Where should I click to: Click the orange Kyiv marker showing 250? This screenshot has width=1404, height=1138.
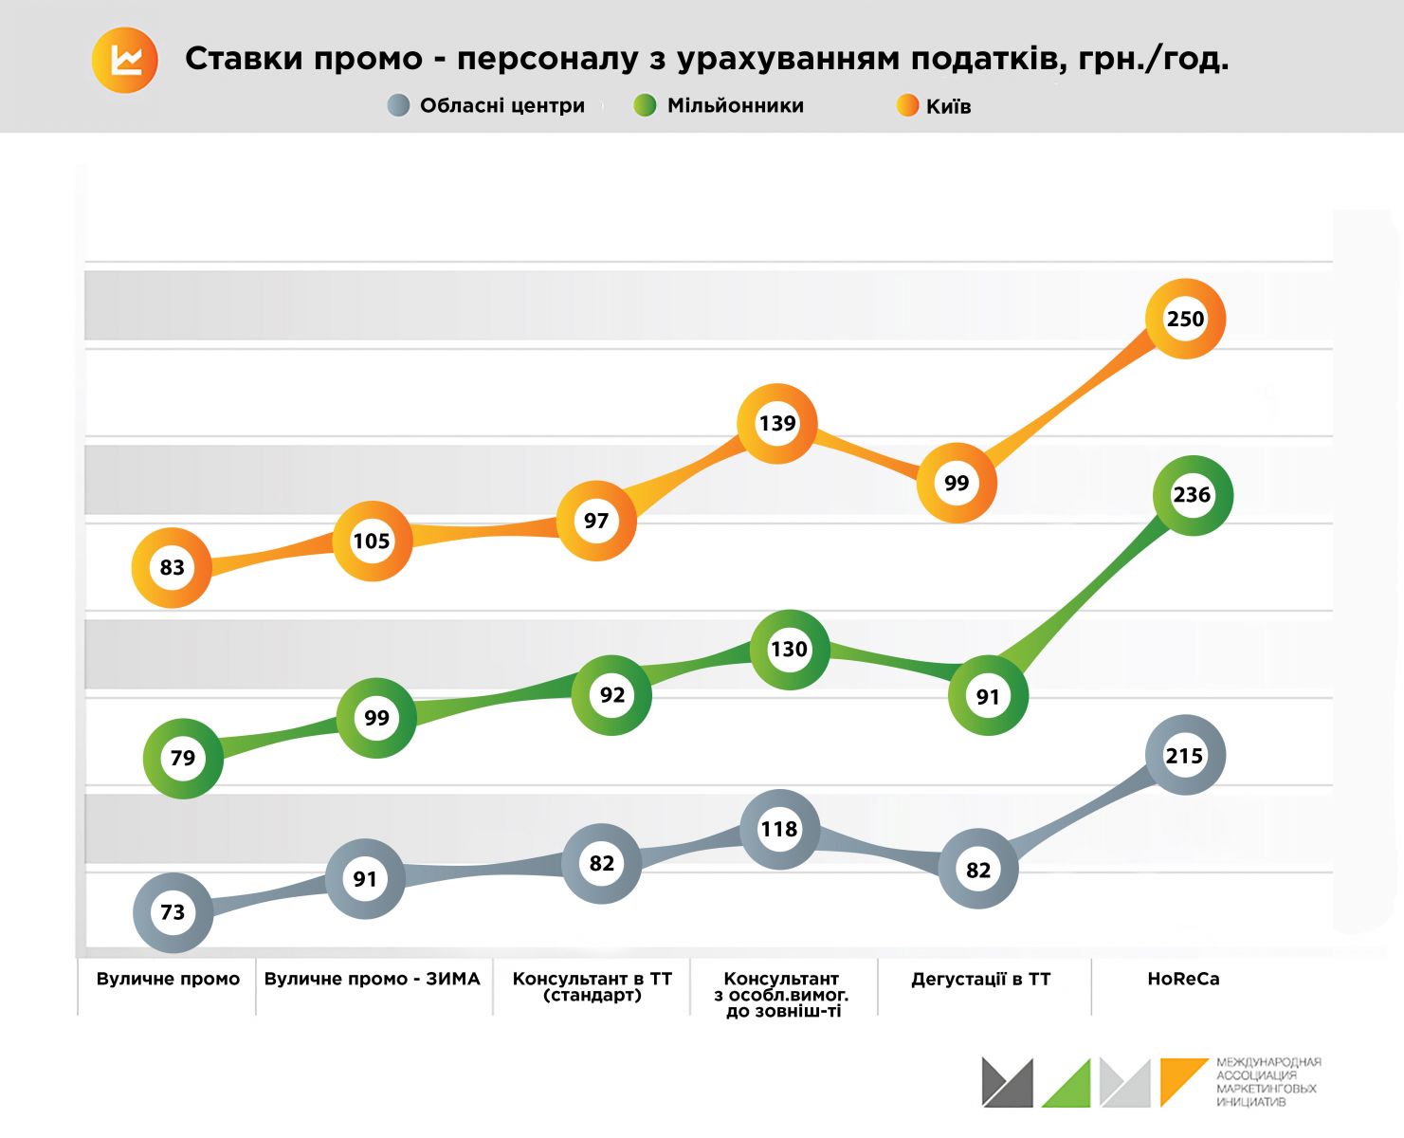(1185, 320)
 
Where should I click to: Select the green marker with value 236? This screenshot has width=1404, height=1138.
(1192, 495)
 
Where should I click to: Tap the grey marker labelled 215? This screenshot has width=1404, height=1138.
(1184, 756)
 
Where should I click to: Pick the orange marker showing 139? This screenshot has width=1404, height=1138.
(777, 424)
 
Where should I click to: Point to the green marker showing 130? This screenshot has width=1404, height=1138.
(789, 650)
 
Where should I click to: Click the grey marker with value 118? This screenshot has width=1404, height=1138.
(779, 830)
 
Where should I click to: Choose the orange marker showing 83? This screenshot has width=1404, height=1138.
(172, 568)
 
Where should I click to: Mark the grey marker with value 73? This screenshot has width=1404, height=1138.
(173, 912)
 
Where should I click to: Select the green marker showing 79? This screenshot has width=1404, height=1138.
(183, 759)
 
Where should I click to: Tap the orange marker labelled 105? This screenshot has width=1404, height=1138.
(372, 541)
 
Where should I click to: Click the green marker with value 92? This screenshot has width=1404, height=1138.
(612, 695)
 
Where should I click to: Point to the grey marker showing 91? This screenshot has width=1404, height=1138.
(365, 879)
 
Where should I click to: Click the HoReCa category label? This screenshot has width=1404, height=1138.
(1183, 979)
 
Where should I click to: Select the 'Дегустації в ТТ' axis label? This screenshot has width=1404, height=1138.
(980, 979)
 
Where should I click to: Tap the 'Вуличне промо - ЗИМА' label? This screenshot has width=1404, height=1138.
(372, 979)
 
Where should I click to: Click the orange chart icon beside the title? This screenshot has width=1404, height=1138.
(125, 61)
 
